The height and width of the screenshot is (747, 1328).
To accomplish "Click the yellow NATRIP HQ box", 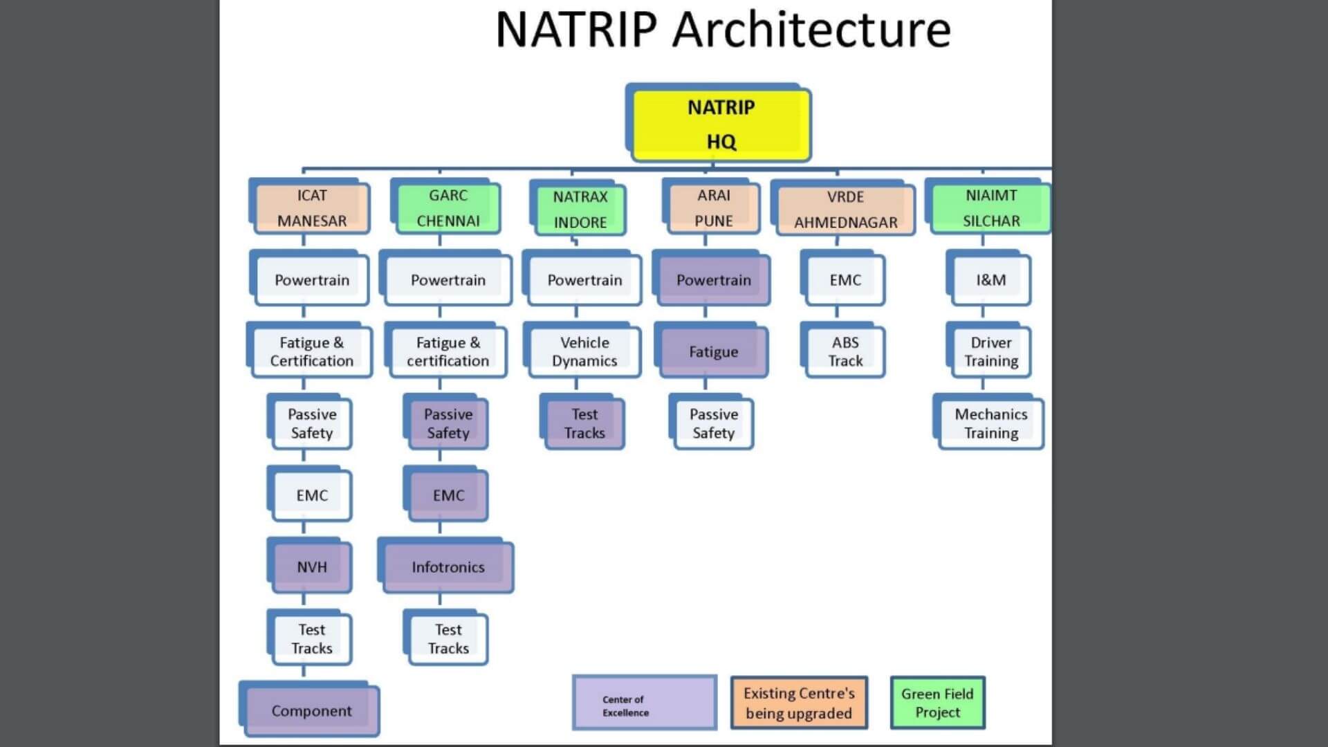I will click(721, 124).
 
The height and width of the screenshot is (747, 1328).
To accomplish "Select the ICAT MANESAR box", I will click(311, 208).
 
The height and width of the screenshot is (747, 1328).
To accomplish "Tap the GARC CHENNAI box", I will click(448, 208).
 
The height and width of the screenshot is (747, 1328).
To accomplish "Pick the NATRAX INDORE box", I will click(580, 210).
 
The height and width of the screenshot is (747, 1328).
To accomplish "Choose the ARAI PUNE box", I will click(713, 208).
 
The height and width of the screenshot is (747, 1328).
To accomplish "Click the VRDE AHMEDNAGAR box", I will click(845, 210).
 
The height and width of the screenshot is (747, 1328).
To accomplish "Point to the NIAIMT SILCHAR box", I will click(991, 208).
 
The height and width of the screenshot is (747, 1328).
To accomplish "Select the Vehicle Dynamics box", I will click(584, 351).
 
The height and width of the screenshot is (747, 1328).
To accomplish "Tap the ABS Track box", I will click(845, 351).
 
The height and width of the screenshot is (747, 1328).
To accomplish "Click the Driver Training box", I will click(991, 351).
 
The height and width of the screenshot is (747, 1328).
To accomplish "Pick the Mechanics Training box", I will click(991, 423).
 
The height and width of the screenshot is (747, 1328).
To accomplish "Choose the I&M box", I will click(991, 280).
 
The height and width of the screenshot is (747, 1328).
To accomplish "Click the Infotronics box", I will click(448, 567).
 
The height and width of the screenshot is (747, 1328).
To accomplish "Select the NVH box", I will click(311, 567).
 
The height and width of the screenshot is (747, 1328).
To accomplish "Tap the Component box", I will click(311, 710).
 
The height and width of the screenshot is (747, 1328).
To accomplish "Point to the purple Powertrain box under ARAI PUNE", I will click(713, 280).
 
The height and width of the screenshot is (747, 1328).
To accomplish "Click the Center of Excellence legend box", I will click(644, 703).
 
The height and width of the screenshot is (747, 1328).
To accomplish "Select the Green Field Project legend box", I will click(937, 703).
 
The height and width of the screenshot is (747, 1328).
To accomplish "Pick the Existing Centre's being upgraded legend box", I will click(799, 703).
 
